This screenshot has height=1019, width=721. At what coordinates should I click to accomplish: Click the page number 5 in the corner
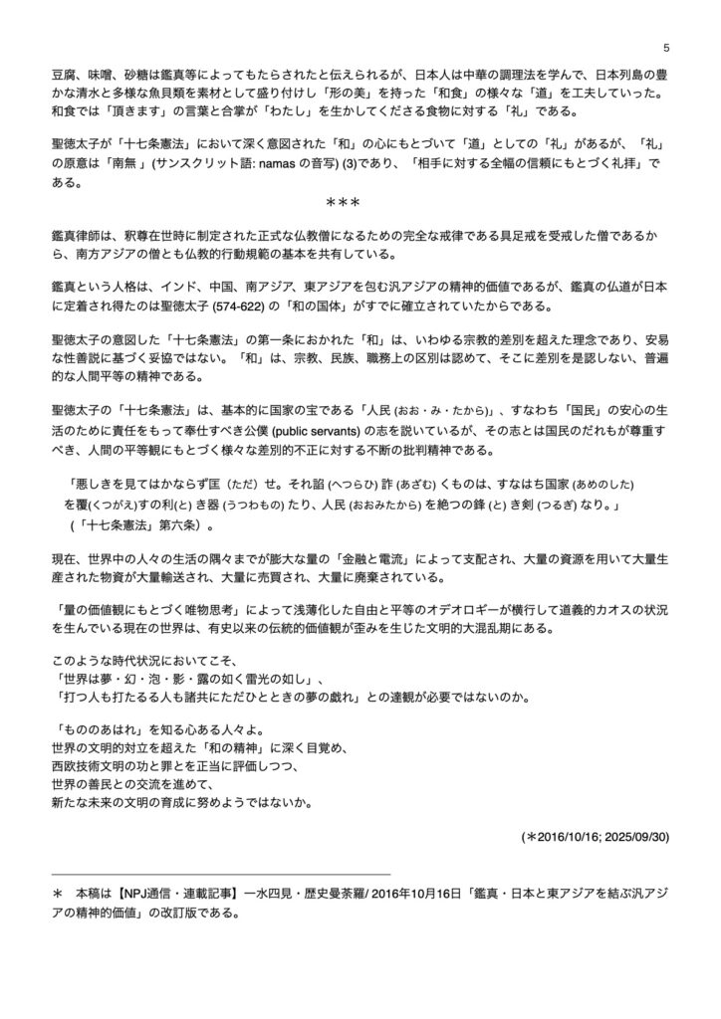point(664,47)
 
